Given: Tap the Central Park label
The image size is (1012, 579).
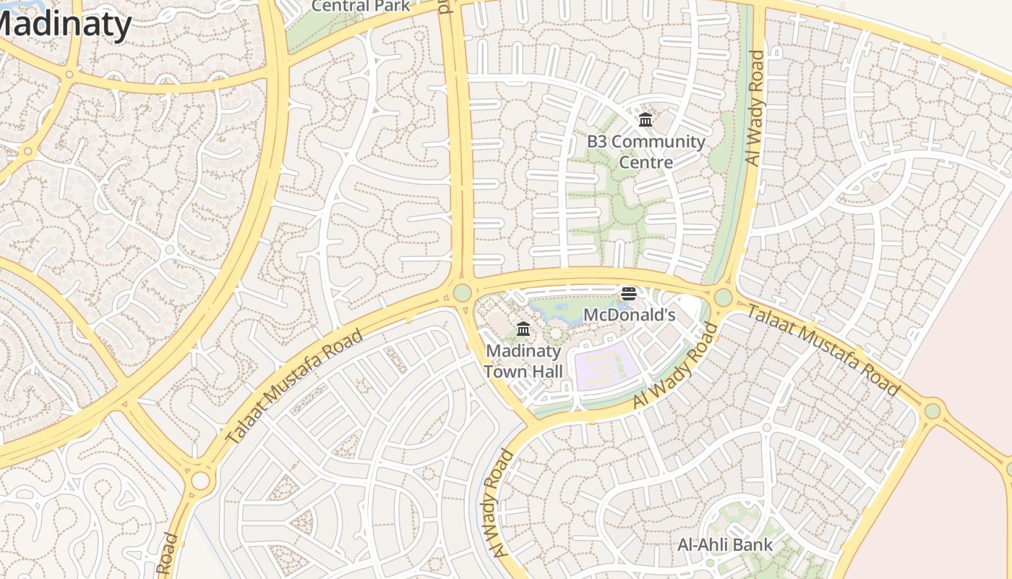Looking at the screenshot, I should [x=361, y=7].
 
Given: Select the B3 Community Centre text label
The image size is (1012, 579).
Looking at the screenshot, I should [x=646, y=151].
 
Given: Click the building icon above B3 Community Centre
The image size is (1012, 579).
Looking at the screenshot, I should [x=646, y=119].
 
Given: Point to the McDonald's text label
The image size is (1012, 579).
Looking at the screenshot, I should [x=629, y=315].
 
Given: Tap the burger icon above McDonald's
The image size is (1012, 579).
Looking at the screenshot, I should [x=629, y=293].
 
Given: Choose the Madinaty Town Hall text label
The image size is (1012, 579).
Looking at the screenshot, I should [x=523, y=361].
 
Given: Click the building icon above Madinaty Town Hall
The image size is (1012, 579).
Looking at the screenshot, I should [x=523, y=330].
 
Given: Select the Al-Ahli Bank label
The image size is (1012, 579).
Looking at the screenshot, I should [x=725, y=545].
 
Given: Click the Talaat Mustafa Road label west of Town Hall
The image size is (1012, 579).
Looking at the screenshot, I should [x=294, y=386].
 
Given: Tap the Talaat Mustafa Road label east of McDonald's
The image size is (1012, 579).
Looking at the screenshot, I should [x=823, y=351].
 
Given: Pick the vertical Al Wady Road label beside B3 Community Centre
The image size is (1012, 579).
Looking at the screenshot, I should [x=755, y=109].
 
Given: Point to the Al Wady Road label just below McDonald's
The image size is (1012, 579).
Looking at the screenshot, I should [x=677, y=366].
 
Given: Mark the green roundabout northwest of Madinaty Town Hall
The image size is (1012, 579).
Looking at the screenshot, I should [x=462, y=293].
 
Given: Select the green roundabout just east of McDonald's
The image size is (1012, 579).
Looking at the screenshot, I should [x=723, y=297].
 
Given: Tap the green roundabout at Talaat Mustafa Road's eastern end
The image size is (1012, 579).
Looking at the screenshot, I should [x=932, y=411].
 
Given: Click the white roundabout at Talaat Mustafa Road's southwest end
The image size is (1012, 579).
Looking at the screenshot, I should [x=200, y=481].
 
